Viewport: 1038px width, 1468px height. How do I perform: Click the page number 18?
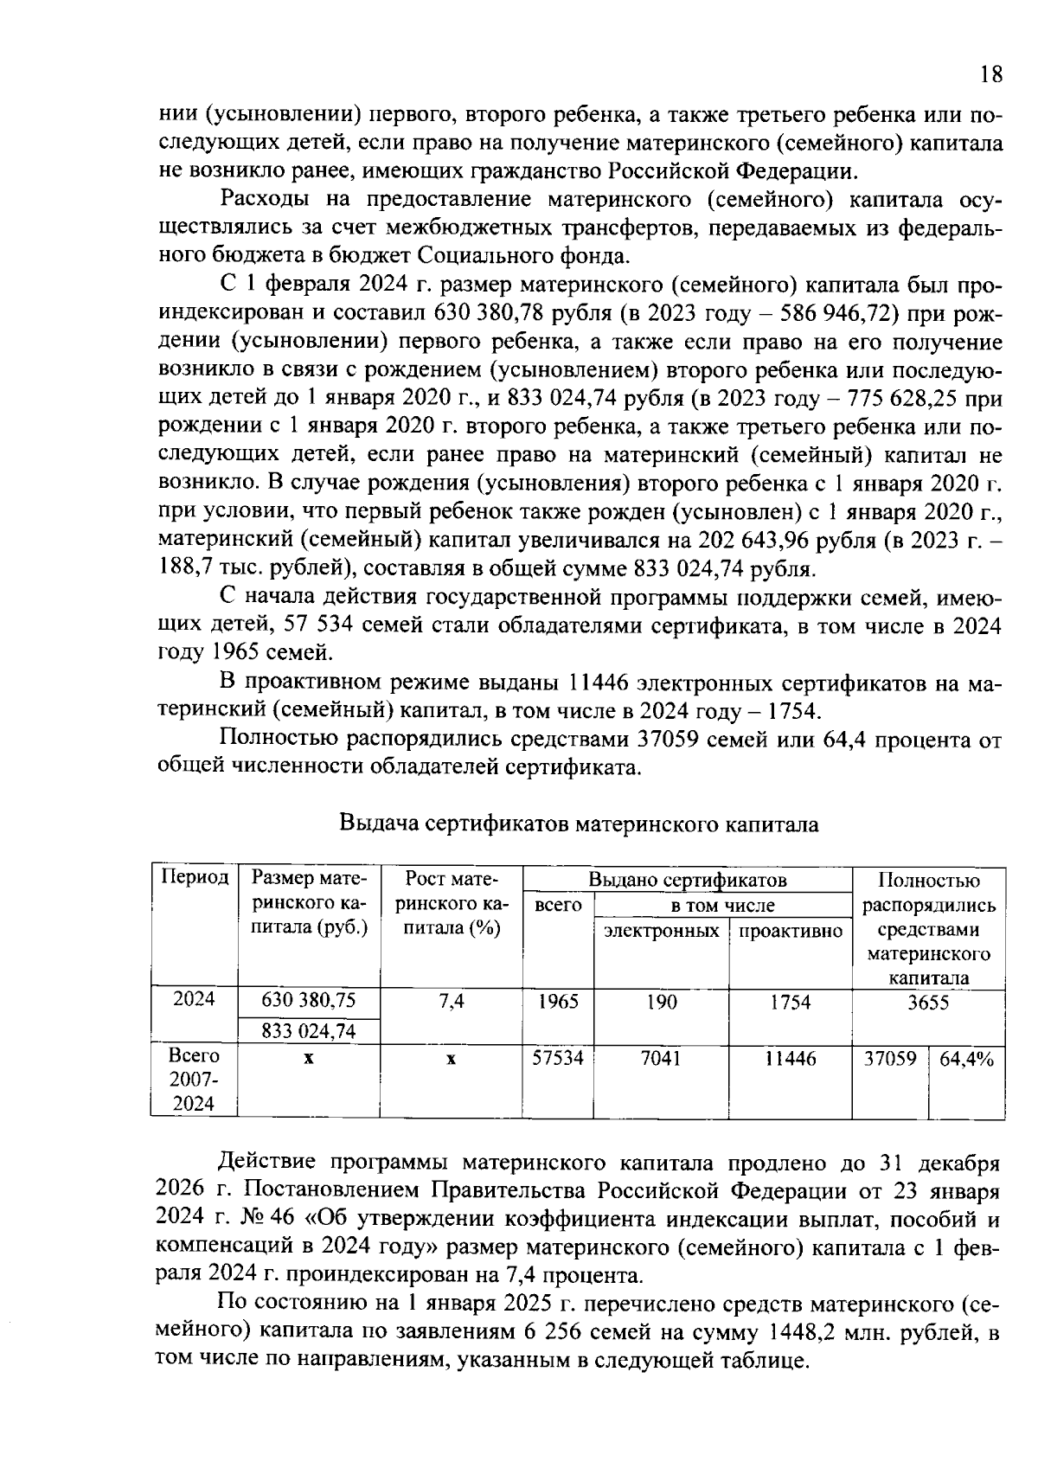tap(991, 74)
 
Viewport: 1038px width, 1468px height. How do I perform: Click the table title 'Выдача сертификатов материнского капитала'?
tap(579, 824)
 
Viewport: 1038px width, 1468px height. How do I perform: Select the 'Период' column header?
tap(195, 878)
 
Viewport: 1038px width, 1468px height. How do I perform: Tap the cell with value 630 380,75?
tap(309, 1001)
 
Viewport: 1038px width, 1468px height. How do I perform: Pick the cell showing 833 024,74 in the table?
tap(309, 1031)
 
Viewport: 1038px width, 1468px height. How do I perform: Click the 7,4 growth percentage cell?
tap(451, 1001)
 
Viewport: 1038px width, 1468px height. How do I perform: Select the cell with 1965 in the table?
tap(558, 1001)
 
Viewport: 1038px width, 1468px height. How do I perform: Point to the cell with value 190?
tap(662, 1002)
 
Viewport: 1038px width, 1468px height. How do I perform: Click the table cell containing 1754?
tap(790, 1002)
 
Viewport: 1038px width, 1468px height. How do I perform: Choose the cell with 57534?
tap(558, 1058)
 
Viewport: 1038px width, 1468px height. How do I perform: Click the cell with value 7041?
tap(662, 1058)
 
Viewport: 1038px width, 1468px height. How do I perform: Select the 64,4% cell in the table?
tap(966, 1058)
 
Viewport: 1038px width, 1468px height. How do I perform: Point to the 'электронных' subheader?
tap(662, 931)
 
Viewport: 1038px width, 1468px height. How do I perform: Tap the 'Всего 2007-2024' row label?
tap(195, 1080)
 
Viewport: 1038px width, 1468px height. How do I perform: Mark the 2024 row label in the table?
tap(195, 998)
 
